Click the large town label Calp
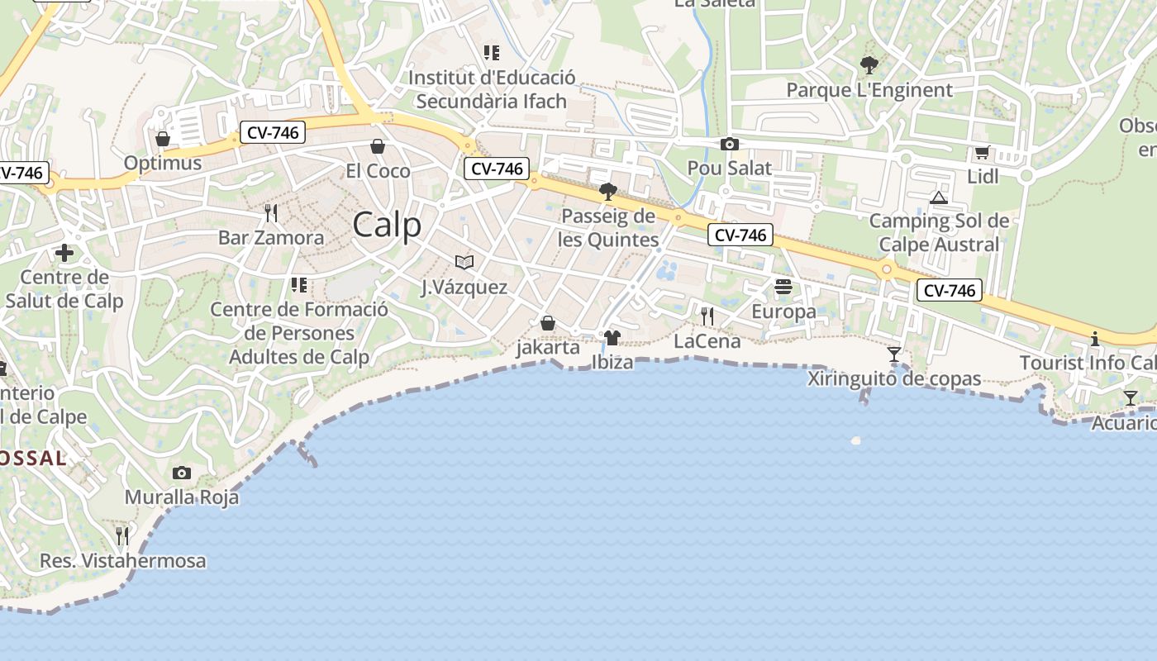(387, 225)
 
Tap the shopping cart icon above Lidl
(982, 152)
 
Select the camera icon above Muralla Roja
(182, 473)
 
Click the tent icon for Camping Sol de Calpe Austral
(938, 197)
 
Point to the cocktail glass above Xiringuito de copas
(894, 354)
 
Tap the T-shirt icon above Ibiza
(612, 337)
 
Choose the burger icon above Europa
(783, 287)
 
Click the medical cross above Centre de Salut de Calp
(64, 253)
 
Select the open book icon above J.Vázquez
(464, 262)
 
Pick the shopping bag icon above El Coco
(378, 146)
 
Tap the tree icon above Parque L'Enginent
(869, 64)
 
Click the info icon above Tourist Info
(1095, 339)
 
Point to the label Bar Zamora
(271, 238)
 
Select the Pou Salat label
(729, 169)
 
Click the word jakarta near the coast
(548, 347)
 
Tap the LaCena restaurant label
(707, 341)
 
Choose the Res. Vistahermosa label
(123, 561)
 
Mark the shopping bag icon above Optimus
(163, 139)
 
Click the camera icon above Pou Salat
(729, 145)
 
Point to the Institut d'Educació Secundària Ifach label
(492, 89)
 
